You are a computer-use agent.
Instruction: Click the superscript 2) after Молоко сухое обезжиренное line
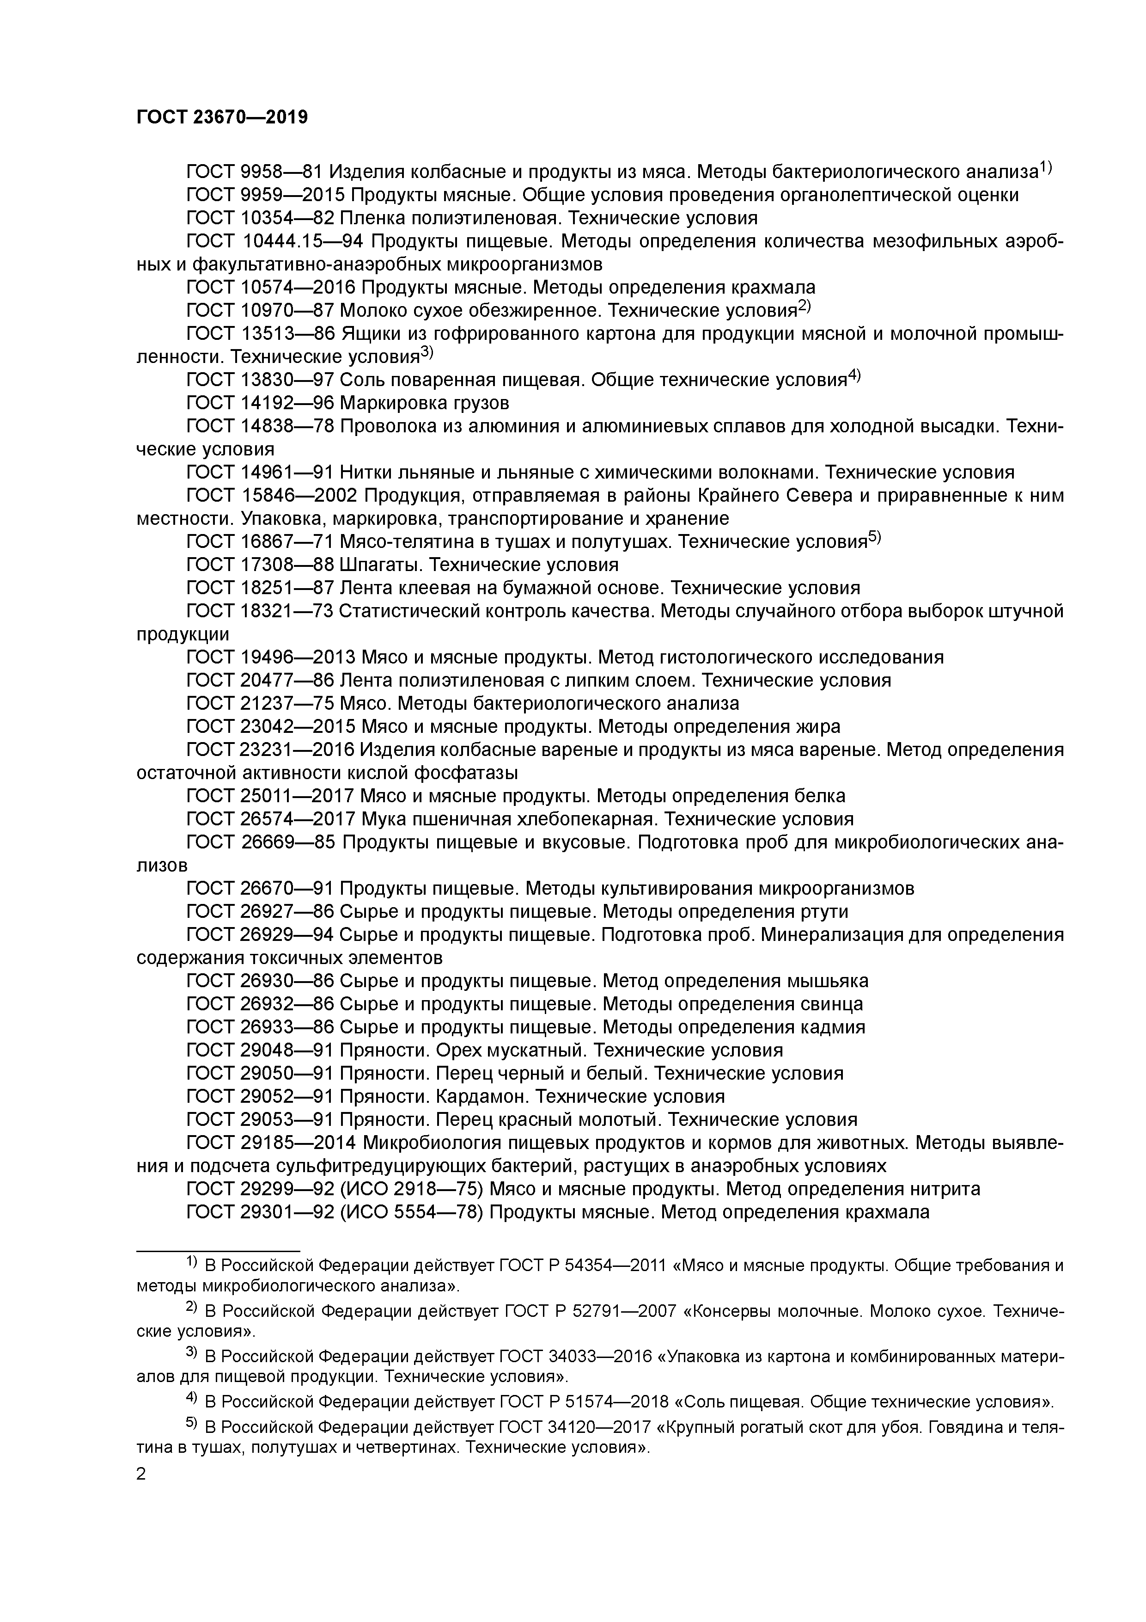click(x=805, y=307)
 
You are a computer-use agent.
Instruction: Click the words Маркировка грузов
click(x=424, y=403)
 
